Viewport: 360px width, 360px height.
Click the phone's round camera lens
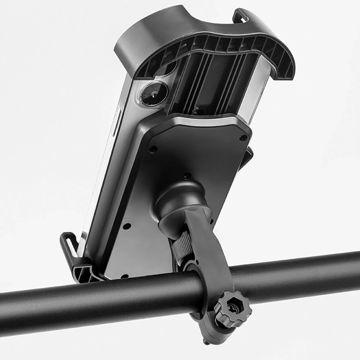[154, 94]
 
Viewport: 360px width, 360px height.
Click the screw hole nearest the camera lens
[153, 149]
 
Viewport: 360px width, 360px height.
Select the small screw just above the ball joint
[186, 175]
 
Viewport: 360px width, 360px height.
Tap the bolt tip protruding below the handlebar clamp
[206, 341]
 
